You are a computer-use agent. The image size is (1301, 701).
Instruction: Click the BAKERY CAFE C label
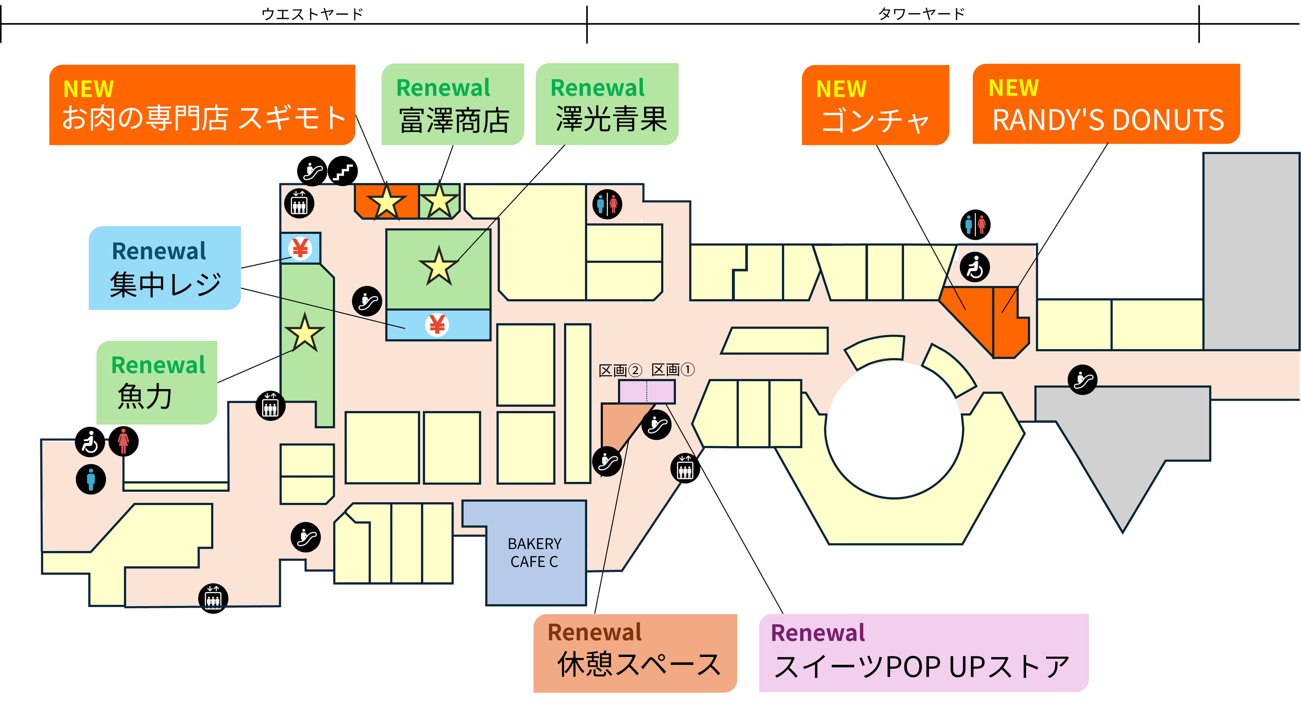pyautogui.click(x=534, y=553)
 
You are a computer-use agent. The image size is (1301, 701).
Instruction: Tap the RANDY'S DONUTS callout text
pyautogui.click(x=1108, y=120)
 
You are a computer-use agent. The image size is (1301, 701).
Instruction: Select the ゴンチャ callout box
pyautogui.click(x=875, y=105)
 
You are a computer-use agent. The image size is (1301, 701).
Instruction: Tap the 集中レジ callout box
pyautogui.click(x=165, y=268)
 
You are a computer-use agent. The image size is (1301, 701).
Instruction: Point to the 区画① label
pyautogui.click(x=673, y=370)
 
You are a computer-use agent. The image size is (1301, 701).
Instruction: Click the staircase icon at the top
pyautogui.click(x=343, y=171)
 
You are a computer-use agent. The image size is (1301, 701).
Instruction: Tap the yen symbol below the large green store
pyautogui.click(x=437, y=325)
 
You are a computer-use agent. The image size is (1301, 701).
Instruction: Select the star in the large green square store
pyautogui.click(x=438, y=266)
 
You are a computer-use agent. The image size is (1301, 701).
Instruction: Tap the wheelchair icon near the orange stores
pyautogui.click(x=975, y=267)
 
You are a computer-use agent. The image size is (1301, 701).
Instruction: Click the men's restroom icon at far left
pyautogui.click(x=91, y=479)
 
